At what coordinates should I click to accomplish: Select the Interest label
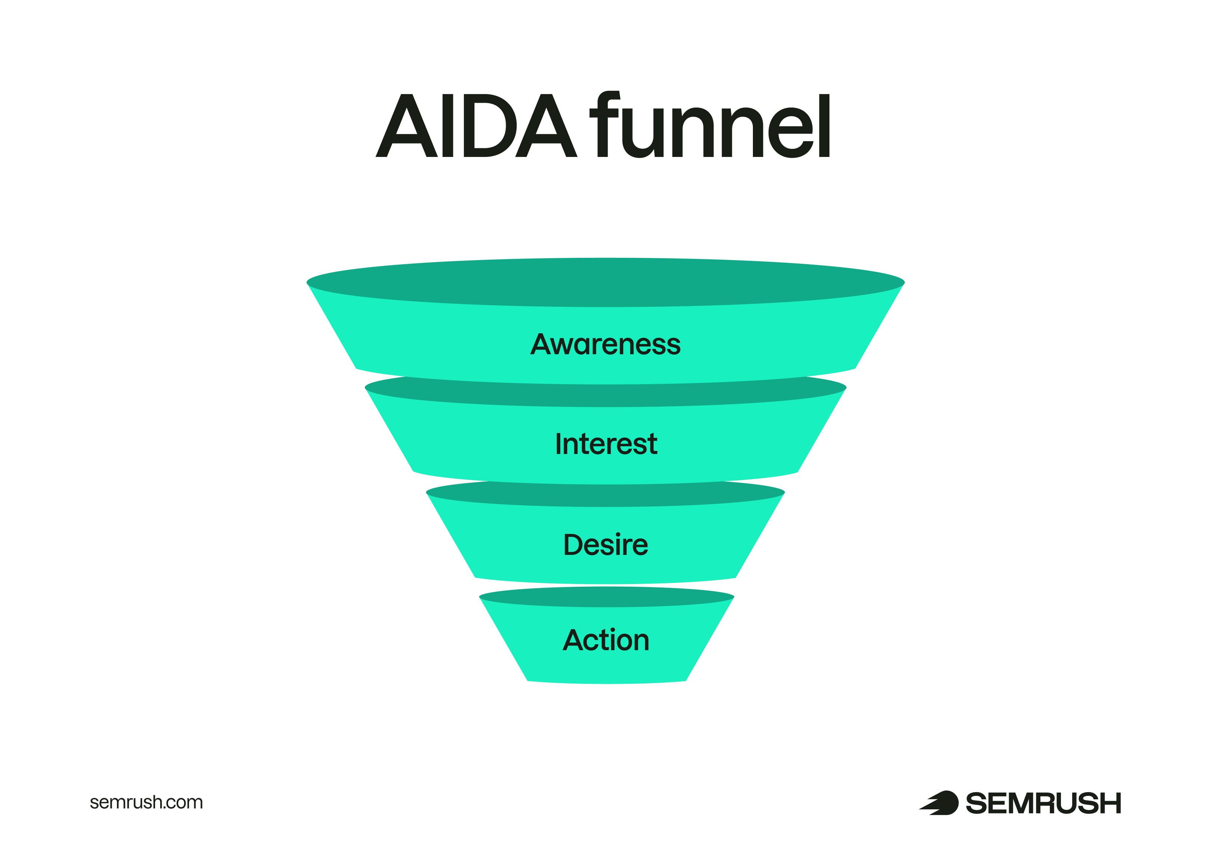tap(606, 444)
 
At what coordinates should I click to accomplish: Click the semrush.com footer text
tap(146, 802)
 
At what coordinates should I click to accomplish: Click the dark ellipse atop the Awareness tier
tap(605, 282)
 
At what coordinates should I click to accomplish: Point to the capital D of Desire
tap(574, 544)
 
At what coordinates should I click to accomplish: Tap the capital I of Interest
tap(559, 444)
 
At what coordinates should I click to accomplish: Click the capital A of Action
tap(573, 640)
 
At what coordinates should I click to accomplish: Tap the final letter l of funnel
tap(824, 126)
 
